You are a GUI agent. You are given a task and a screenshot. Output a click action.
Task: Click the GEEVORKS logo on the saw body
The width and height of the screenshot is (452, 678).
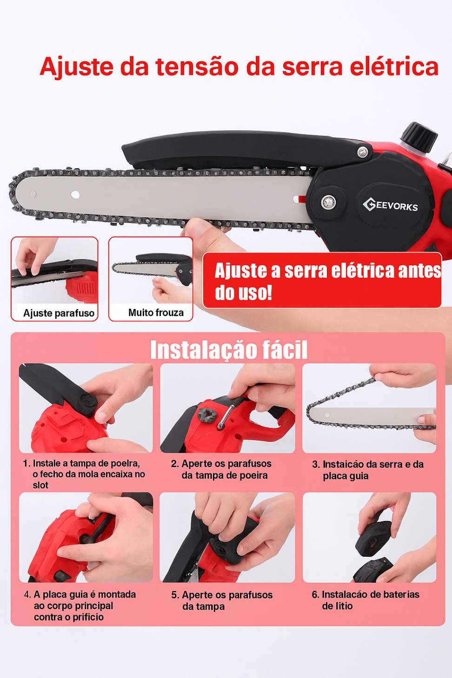[x=390, y=204]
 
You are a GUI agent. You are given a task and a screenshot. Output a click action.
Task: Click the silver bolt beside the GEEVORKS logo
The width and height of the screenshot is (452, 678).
[x=328, y=202]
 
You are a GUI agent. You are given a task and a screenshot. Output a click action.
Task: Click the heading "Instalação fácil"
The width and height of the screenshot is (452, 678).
[x=229, y=350]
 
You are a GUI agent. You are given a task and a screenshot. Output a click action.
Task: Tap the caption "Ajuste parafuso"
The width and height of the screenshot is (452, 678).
[x=59, y=313]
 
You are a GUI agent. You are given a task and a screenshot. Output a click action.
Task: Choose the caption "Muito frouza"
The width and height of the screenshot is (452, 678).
[x=156, y=312]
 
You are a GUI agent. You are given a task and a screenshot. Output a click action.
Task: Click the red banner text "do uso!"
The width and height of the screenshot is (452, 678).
[x=243, y=293]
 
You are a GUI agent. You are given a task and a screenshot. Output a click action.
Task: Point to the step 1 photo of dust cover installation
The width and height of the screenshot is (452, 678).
[x=86, y=408]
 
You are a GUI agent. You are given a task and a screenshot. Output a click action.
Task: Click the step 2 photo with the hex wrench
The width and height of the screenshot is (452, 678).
[x=227, y=408]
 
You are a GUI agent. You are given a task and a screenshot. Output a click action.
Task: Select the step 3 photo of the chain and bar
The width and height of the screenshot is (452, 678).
[x=369, y=408]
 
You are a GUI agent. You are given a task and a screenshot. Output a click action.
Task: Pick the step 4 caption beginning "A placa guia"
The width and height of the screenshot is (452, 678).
[x=80, y=606]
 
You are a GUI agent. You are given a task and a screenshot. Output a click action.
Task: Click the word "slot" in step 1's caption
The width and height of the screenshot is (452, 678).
[x=40, y=485]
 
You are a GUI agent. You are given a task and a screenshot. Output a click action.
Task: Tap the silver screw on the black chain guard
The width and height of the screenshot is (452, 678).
[x=363, y=152]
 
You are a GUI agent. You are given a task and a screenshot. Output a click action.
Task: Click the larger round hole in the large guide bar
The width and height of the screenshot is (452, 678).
[x=75, y=195]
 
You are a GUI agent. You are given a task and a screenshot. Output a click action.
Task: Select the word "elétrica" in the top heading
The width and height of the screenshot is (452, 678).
[x=394, y=66]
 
